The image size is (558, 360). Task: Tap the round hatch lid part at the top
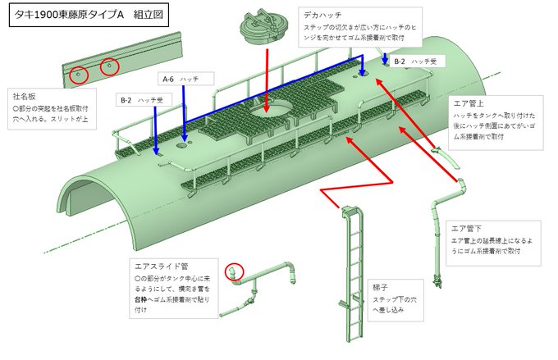(263, 29)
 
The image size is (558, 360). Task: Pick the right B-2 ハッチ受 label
(419, 62)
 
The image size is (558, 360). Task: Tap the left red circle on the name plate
(79, 74)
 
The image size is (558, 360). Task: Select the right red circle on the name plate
(109, 66)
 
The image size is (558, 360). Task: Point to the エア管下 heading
(468, 227)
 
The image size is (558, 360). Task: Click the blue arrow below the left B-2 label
(157, 131)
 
